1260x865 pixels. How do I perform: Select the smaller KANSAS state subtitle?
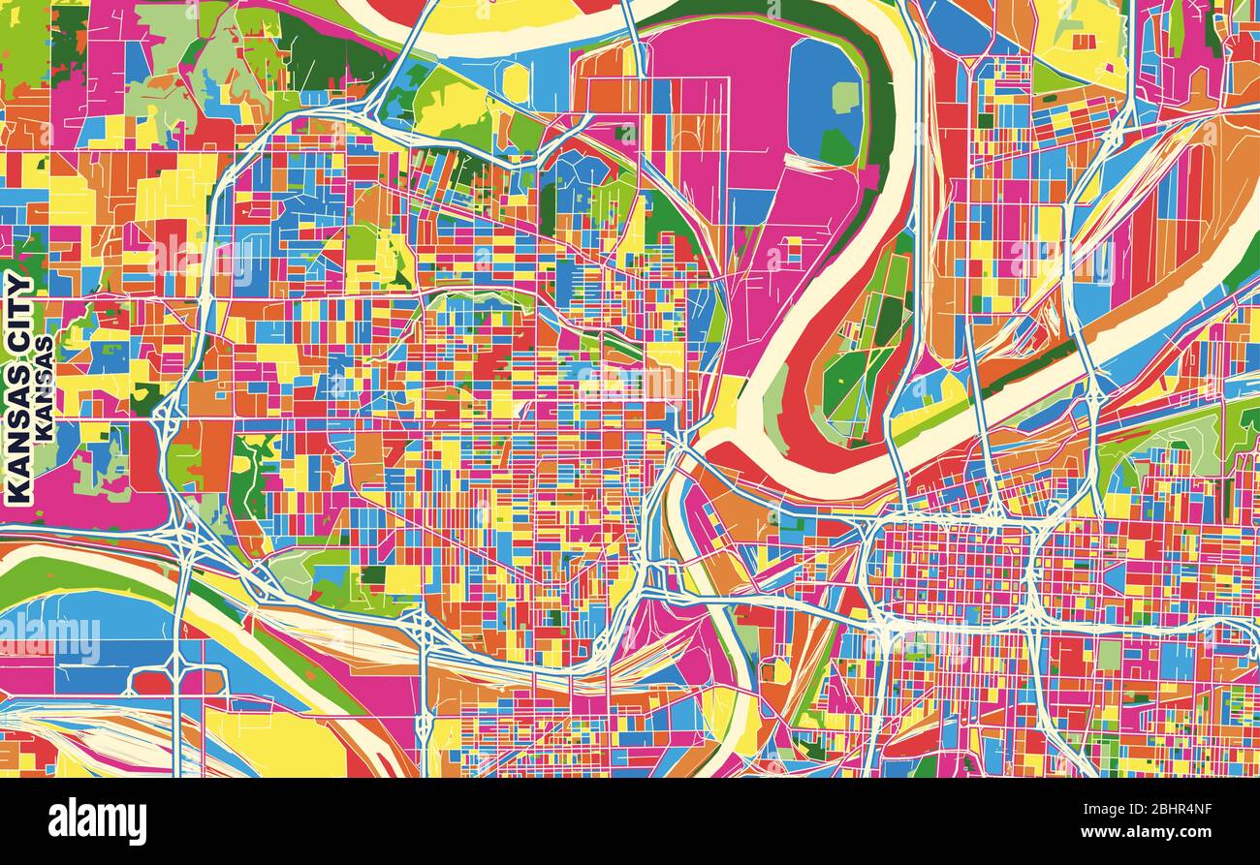pyautogui.click(x=45, y=388)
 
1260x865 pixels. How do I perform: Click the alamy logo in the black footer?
pyautogui.click(x=97, y=821)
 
